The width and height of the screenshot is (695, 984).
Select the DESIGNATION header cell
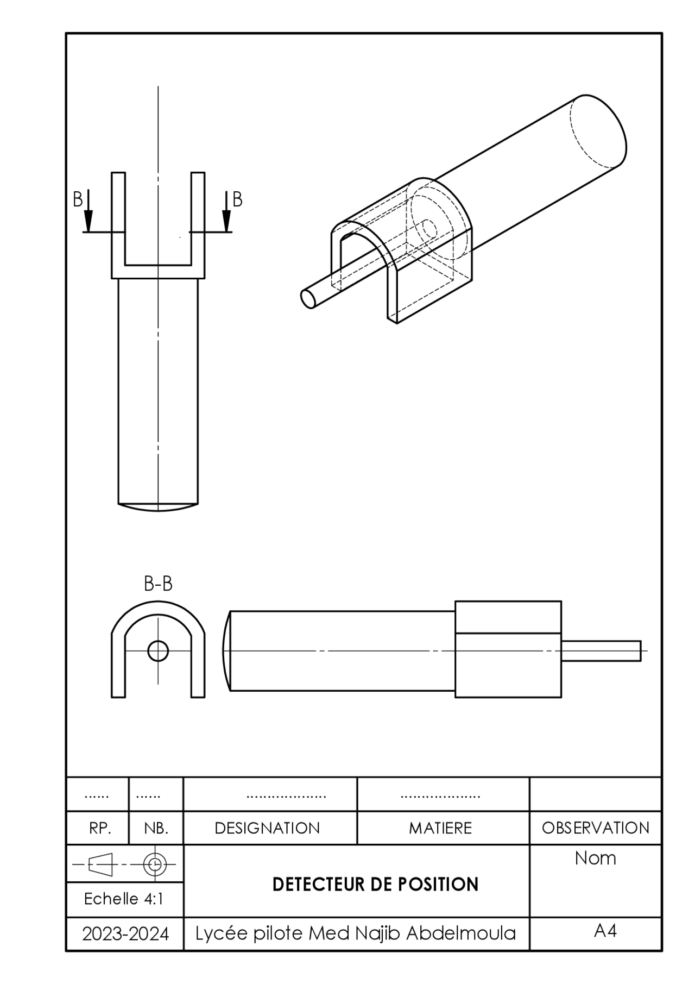tap(267, 828)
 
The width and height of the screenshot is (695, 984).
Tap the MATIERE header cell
tap(440, 828)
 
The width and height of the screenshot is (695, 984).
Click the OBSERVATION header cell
tap(596, 828)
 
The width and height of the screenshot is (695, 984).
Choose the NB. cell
tap(156, 828)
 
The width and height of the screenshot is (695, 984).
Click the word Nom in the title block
tap(596, 858)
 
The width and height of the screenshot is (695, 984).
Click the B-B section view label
tap(158, 584)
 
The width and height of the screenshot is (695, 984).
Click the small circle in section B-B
tap(158, 650)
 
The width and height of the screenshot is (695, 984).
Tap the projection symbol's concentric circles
tap(155, 863)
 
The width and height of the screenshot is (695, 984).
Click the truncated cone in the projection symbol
tap(100, 863)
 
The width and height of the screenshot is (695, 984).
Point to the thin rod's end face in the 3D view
tap(308, 298)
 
